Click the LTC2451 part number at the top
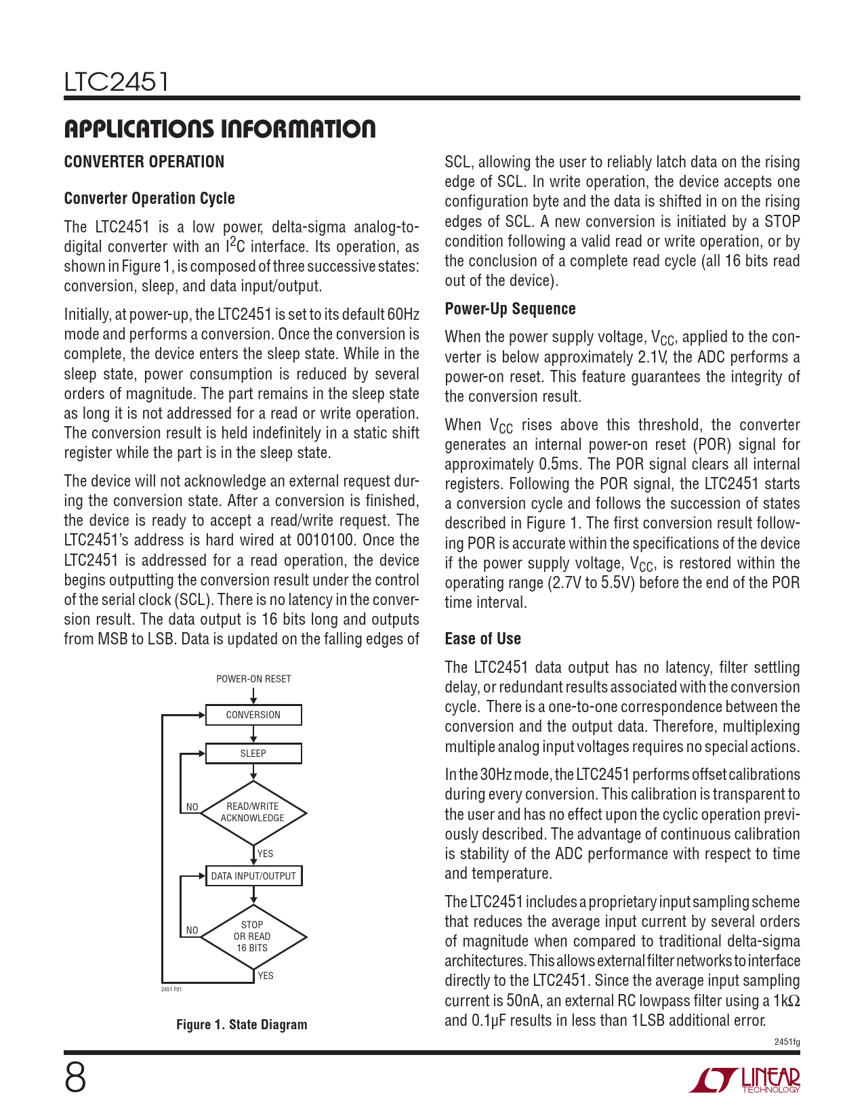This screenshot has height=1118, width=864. click(x=116, y=82)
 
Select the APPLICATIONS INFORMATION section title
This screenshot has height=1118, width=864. click(x=220, y=129)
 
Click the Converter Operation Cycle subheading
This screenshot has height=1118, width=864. click(x=149, y=199)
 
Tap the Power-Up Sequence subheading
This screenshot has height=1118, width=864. click(x=510, y=309)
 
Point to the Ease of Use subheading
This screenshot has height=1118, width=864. click(x=482, y=639)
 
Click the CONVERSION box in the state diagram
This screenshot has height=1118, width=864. click(x=253, y=715)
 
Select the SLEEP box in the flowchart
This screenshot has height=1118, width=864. click(x=253, y=753)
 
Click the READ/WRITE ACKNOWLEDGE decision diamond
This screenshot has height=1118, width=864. click(x=253, y=812)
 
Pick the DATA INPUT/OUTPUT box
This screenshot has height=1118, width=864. click(x=253, y=876)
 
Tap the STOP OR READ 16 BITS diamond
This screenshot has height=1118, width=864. click(x=253, y=936)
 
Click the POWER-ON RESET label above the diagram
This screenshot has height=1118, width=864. click(x=253, y=679)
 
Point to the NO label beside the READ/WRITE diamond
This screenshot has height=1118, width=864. click(x=192, y=807)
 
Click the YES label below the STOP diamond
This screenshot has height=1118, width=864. click(x=266, y=976)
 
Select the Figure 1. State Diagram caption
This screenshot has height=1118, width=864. click(x=241, y=1024)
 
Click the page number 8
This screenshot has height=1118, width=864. click(x=75, y=1078)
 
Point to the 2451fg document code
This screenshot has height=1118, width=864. click(x=787, y=1042)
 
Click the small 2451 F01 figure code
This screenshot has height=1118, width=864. click(x=171, y=989)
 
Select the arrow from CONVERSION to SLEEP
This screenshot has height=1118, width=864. click(x=253, y=734)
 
